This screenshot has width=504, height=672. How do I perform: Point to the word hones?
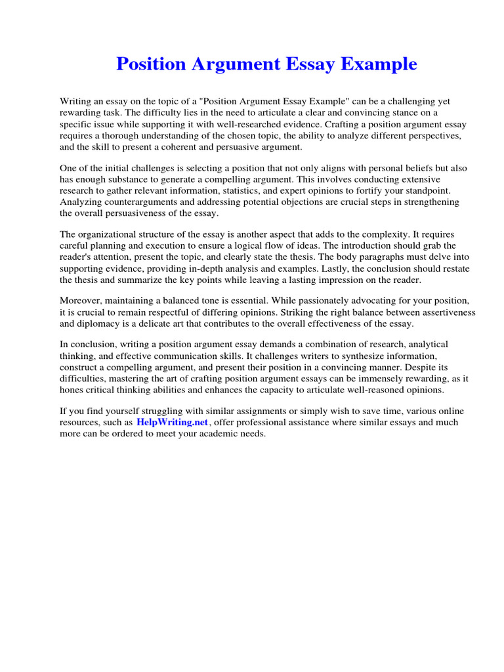[x=72, y=390]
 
